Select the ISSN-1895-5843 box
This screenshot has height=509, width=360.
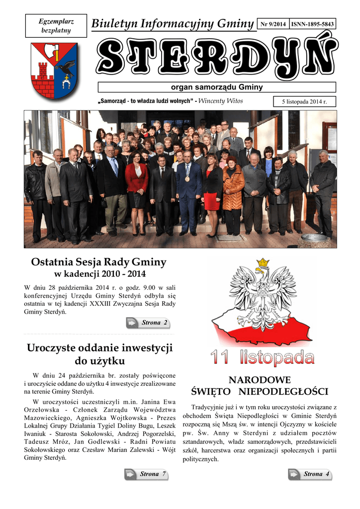[312, 24]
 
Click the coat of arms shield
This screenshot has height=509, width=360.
[54, 70]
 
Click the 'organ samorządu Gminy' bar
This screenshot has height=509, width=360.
[216, 87]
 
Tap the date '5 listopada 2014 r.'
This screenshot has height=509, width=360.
[305, 102]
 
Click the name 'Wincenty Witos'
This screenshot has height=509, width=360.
[221, 101]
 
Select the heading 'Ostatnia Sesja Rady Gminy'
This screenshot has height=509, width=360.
[98, 262]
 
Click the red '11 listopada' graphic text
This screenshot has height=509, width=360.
[262, 358]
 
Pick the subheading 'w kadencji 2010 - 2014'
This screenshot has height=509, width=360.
[99, 275]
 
